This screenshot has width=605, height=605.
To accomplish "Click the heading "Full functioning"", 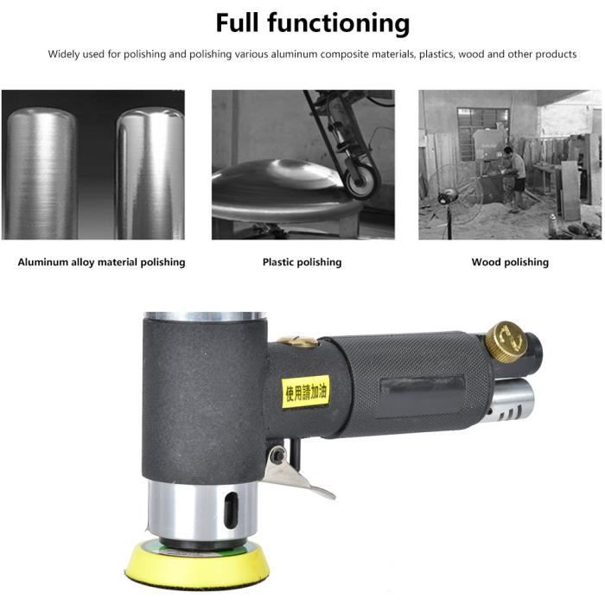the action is [x=313, y=23].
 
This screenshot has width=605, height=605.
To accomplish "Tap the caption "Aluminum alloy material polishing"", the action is [x=101, y=263].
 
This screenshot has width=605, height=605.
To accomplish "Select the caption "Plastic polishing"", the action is [x=302, y=263].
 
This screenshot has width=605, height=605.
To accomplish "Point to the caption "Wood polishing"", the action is [x=510, y=263].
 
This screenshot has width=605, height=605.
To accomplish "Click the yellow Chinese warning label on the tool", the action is [x=306, y=392].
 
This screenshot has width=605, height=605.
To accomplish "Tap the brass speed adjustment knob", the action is [x=506, y=341].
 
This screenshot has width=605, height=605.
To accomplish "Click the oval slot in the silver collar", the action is [x=231, y=508].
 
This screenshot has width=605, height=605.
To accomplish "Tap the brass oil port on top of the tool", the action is [x=297, y=341].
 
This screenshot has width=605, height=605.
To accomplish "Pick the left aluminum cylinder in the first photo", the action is [x=41, y=174].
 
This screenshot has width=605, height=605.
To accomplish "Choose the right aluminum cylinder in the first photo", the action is [x=150, y=174].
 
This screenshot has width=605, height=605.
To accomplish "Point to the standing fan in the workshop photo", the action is [x=455, y=197].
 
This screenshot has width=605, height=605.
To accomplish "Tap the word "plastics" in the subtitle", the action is [x=437, y=54].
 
